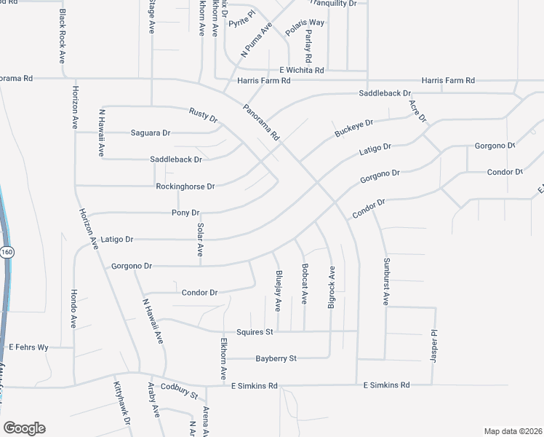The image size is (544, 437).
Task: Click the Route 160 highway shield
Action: pos(7,252)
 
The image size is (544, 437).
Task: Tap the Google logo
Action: pos(23,428)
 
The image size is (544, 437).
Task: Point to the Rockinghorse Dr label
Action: pos(185,186)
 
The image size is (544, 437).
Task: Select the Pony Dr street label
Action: pos(185,213)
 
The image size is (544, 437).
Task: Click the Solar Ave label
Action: pos(200,240)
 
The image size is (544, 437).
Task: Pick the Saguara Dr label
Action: pos(150,133)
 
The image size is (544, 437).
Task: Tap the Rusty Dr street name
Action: pos(203,114)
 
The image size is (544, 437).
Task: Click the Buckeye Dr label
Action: pos(353,129)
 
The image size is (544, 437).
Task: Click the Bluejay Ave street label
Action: pos(279,290)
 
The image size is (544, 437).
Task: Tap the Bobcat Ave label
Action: pos(305,283)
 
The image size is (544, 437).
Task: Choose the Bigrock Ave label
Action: pos(331,288)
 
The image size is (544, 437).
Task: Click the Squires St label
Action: pos(258,332)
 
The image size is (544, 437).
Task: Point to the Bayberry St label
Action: pos(276,358)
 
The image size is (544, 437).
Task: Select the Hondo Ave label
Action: pos(73,310)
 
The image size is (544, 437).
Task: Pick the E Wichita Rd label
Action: pos(295,69)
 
